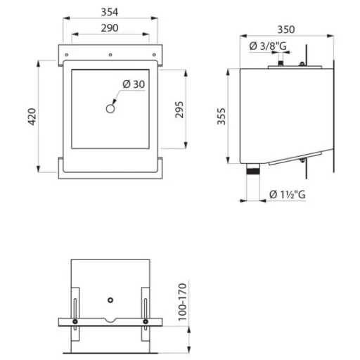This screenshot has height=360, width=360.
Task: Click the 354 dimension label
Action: tap(110, 12)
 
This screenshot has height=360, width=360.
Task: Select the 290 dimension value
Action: tap(110, 28)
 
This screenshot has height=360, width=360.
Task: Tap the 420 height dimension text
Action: tap(32, 117)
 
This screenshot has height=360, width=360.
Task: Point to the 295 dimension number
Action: tap(179, 110)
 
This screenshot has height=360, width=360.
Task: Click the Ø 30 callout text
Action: tap(134, 84)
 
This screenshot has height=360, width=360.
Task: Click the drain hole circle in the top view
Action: tap(110, 109)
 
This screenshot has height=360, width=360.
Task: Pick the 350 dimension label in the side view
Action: tap(286, 30)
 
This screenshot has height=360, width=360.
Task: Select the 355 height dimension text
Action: tap(221, 117)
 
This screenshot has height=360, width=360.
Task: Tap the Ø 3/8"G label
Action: tap(268, 46)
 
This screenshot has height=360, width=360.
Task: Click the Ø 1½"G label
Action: tap(288, 195)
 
